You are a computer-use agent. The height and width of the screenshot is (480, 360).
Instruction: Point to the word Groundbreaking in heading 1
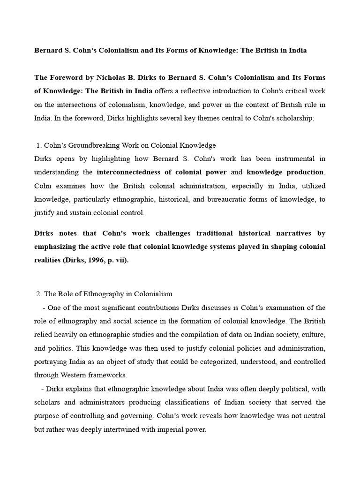pyautogui.click(x=94, y=145)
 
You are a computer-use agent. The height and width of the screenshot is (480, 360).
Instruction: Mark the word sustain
pyautogui.click(x=82, y=213)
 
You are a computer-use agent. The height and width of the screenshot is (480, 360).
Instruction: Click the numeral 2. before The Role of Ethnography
pyautogui.click(x=39, y=294)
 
